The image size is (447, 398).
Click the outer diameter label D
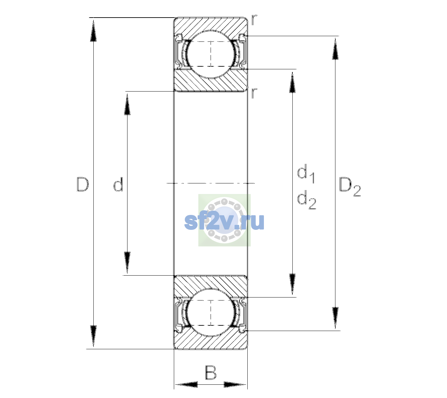[82, 184]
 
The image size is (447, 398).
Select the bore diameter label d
[118, 184]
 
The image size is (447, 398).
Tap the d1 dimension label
[306, 173]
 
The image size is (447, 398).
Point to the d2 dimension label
[307, 199]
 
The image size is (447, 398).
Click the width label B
[211, 372]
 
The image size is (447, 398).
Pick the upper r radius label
[254, 20]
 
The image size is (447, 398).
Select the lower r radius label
[254, 93]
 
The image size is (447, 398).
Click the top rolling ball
[211, 54]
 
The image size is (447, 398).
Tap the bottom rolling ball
[211, 313]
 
